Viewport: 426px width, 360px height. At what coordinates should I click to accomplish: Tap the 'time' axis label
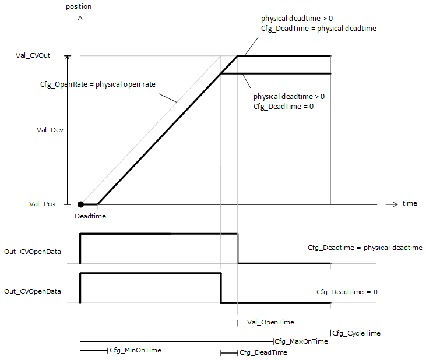[x=409, y=203]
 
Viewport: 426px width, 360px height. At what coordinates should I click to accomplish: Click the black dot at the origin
[x=80, y=204]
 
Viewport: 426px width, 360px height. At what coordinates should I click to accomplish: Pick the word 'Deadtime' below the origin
[x=90, y=216]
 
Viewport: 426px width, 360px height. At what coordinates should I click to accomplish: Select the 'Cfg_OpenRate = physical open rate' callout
[x=102, y=84]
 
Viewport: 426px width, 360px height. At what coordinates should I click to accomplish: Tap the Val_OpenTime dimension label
[x=270, y=322]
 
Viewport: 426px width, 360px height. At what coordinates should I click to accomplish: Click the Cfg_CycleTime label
[x=356, y=333]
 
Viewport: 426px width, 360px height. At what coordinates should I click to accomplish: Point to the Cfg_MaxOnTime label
[x=301, y=341]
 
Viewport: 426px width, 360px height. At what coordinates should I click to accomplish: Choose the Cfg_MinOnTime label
[x=135, y=350]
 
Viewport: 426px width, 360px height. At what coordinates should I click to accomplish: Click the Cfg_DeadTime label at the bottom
[x=263, y=352]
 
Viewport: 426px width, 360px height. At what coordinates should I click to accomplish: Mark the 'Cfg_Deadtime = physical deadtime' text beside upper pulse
[x=365, y=248]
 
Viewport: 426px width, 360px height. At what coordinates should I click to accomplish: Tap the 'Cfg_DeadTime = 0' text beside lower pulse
[x=347, y=291]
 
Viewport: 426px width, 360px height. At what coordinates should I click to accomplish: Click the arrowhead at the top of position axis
[x=80, y=18]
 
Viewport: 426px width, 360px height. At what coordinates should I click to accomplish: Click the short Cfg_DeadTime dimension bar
[x=229, y=352]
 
